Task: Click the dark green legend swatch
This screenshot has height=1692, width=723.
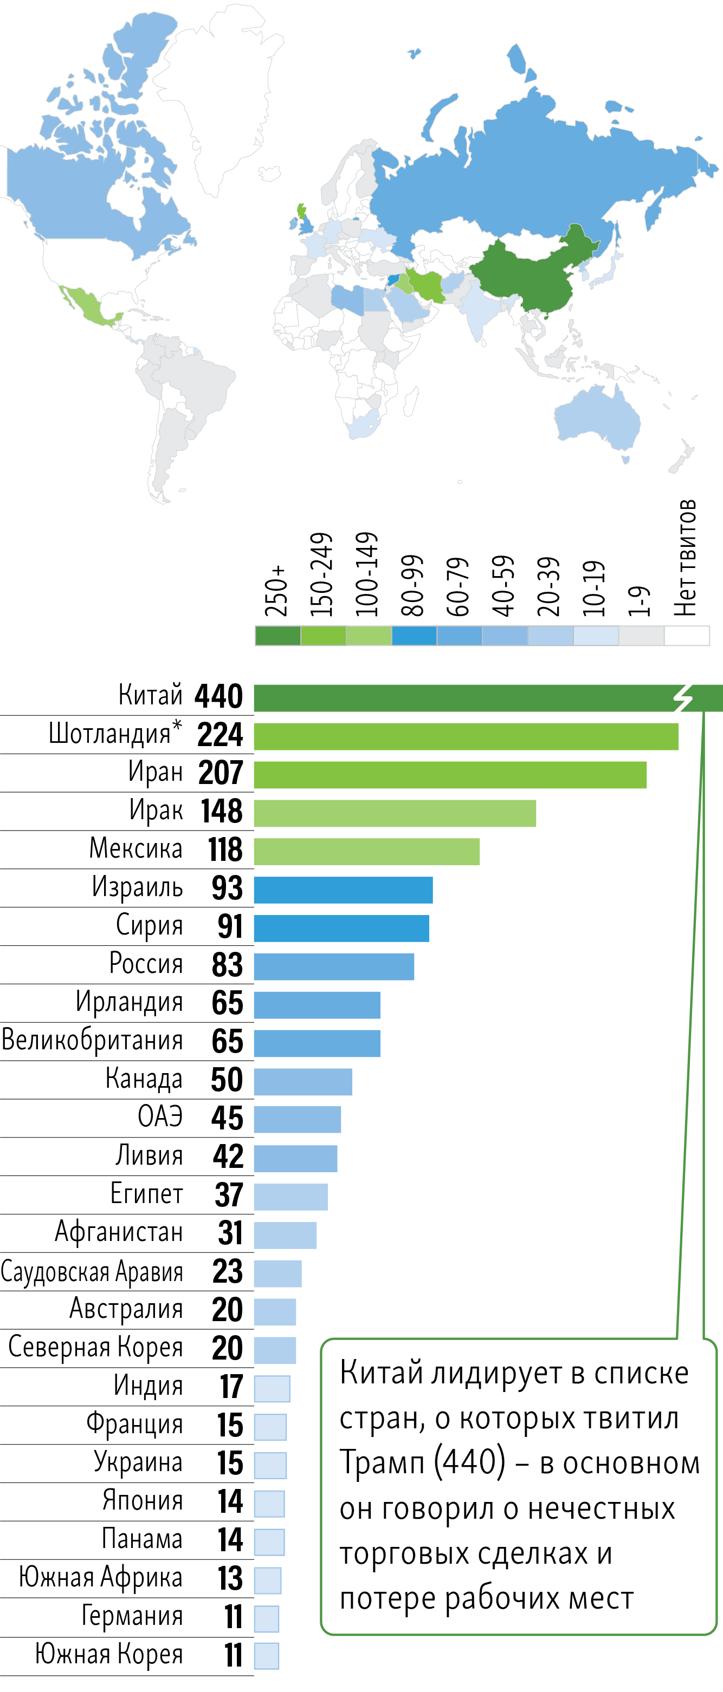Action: [278, 636]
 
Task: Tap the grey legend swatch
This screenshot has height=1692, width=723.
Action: [642, 636]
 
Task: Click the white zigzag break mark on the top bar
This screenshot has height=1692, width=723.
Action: [683, 697]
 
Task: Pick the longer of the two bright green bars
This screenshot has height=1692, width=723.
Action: [466, 736]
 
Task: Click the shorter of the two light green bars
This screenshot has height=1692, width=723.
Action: [367, 851]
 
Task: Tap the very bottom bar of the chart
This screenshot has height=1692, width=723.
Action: [267, 1656]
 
